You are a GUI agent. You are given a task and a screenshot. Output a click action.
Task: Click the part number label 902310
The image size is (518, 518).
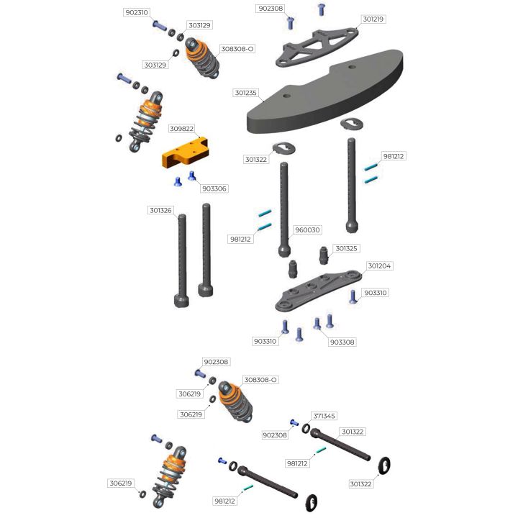click(x=137, y=12)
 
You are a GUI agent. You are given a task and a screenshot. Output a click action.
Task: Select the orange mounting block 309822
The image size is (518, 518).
click(x=185, y=153)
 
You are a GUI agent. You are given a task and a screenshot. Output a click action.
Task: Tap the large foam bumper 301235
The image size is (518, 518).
click(x=324, y=91)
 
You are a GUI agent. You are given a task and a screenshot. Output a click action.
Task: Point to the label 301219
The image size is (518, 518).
click(x=373, y=19)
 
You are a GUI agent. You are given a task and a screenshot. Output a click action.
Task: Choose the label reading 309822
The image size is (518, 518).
click(x=181, y=129)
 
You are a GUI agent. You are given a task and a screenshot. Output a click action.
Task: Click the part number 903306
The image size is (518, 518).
click(x=214, y=188)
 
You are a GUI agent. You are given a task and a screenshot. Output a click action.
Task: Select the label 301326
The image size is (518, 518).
click(x=160, y=210)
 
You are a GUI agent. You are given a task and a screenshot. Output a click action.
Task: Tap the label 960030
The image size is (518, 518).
click(x=307, y=230)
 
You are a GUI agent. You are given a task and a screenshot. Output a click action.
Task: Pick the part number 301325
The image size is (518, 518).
click(x=346, y=248)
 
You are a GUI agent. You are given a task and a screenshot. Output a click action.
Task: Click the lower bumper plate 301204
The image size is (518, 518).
click(x=318, y=290)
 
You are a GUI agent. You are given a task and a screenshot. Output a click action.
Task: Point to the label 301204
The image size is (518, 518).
click(x=379, y=266)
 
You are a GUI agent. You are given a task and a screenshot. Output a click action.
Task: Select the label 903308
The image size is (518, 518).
click(x=342, y=342)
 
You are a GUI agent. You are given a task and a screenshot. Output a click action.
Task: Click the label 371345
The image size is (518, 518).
click(x=324, y=416)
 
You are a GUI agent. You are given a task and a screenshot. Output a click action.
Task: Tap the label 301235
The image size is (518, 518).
click(x=245, y=93)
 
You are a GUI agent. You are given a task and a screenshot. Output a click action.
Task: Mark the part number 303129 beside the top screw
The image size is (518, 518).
click(x=199, y=25)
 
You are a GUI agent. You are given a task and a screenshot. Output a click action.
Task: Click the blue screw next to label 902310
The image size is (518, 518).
click(x=160, y=26)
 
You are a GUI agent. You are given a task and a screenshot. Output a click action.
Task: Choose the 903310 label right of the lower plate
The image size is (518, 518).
click(x=376, y=293)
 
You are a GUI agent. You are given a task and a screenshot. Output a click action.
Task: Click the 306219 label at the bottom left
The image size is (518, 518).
click(x=121, y=483)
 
